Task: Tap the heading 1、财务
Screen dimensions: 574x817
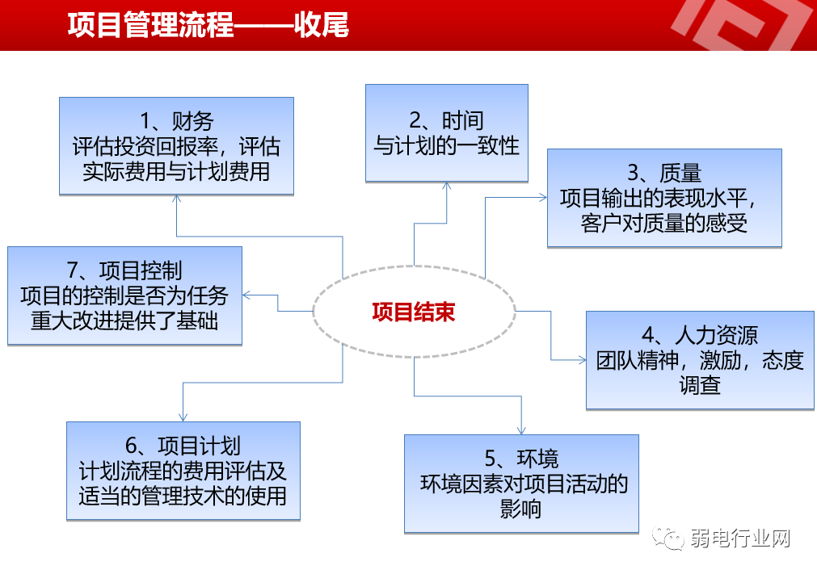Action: pyautogui.click(x=176, y=122)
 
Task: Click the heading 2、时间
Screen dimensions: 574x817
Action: pyautogui.click(x=446, y=121)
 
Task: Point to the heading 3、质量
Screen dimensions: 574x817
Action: pyautogui.click(x=664, y=173)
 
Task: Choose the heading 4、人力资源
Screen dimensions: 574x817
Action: pyautogui.click(x=700, y=335)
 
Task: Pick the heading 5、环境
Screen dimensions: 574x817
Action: pyautogui.click(x=521, y=459)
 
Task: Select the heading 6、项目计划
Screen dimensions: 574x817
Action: pyautogui.click(x=183, y=446)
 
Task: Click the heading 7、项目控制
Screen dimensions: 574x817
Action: pyautogui.click(x=124, y=270)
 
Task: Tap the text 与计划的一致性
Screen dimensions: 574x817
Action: pyautogui.click(x=446, y=146)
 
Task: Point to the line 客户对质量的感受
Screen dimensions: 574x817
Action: pyautogui.click(x=664, y=223)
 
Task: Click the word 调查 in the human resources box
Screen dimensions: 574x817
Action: pyautogui.click(x=700, y=385)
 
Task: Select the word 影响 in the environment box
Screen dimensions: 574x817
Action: pyautogui.click(x=521, y=509)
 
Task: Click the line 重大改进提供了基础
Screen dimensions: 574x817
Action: pyautogui.click(x=124, y=321)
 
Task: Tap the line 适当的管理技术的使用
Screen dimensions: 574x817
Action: pyautogui.click(x=183, y=496)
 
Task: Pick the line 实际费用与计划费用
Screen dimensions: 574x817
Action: pyautogui.click(x=176, y=172)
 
